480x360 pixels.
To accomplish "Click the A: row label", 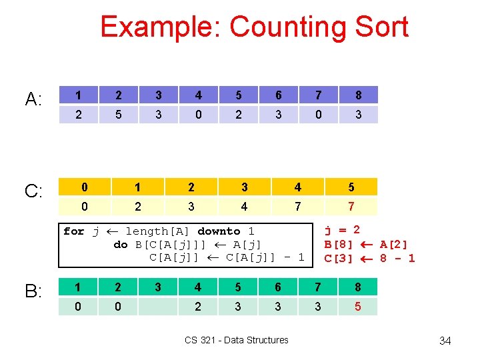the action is pos(34,100).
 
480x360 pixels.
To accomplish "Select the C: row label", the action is pos(34,192).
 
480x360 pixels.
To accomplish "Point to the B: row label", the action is pos(34,291).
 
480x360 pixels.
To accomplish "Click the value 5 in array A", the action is pos(119,115).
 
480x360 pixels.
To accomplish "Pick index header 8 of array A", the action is pos(358,95).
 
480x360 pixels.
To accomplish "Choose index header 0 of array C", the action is pos(85,187).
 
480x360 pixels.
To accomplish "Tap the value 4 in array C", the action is pos(244,207).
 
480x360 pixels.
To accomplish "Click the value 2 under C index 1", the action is pos(138,207).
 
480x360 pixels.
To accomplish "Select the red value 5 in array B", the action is pos(358,307).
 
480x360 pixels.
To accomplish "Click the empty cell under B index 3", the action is pos(158,307).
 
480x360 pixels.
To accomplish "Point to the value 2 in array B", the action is pos(198,307).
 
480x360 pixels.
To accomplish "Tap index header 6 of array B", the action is pos(278,287).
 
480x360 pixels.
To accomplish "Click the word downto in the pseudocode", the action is pos(219,231).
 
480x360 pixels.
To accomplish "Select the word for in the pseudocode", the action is pos(73,231).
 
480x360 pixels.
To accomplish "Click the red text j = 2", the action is pos(342,230).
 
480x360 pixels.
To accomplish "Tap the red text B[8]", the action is pos(339,244).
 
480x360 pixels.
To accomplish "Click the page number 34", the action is pos(445,341).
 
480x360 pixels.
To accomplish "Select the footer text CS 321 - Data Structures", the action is pos(237,340).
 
